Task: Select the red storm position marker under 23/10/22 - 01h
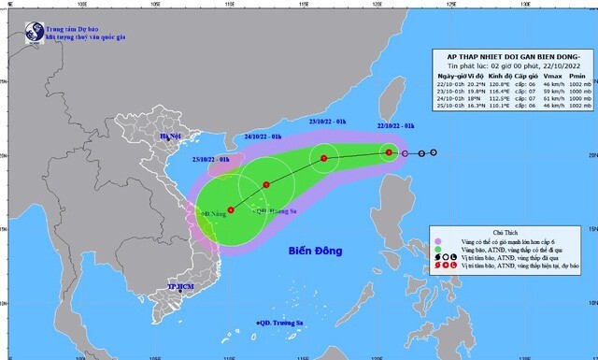click(x=324, y=158)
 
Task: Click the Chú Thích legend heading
click(x=505, y=228)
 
